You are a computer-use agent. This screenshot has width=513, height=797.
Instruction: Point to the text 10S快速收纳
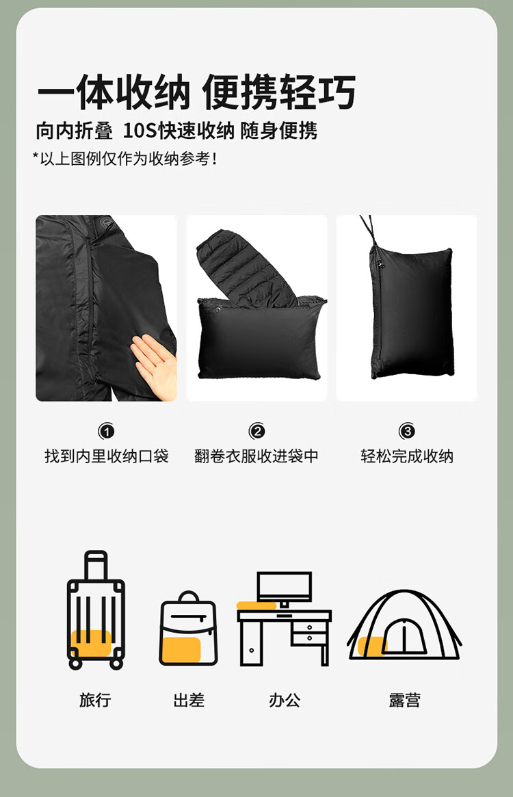179,131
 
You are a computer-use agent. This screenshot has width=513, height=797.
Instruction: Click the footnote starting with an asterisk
125,159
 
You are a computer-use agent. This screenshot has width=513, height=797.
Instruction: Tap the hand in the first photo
153,365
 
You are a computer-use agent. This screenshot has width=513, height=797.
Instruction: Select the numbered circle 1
106,432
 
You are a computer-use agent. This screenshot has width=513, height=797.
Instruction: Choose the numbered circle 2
256,432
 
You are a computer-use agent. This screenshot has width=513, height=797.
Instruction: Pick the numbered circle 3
407,432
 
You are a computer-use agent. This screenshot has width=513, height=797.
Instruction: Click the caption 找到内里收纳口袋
106,456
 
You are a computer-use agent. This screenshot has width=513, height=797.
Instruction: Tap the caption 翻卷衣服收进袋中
256,456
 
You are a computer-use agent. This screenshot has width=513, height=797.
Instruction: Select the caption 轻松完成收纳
407,456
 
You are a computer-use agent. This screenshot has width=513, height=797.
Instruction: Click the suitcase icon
96,610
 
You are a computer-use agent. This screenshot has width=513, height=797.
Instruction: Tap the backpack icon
189,628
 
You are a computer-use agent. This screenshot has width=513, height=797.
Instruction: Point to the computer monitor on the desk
285,588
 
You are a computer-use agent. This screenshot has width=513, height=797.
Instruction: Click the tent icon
404,625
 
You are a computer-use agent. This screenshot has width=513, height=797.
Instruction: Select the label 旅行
95,700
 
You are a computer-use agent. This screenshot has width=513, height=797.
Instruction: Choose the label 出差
189,700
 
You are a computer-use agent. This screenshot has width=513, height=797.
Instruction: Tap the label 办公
285,700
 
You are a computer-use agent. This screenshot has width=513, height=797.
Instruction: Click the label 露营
405,700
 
